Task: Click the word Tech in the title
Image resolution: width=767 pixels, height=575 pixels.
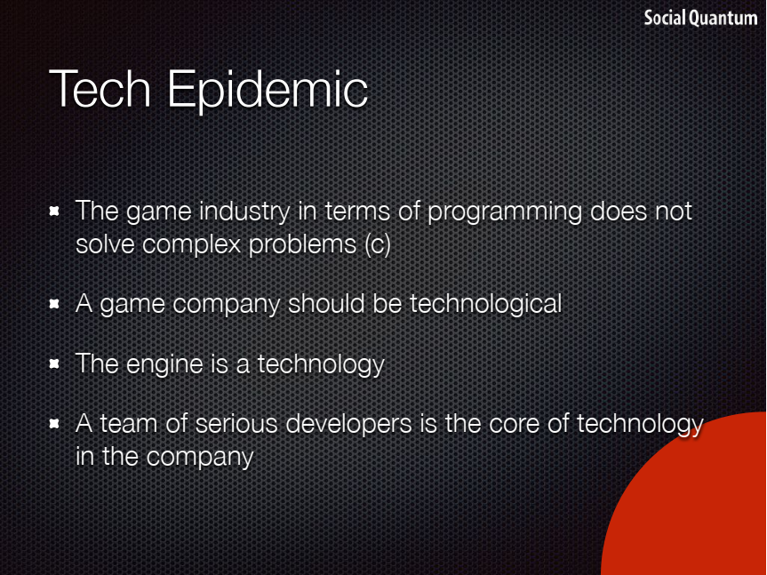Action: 100,89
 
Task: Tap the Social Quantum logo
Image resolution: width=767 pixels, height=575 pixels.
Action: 700,18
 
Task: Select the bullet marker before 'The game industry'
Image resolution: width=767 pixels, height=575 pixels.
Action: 54,212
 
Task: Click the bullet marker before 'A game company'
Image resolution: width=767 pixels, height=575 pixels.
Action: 54,304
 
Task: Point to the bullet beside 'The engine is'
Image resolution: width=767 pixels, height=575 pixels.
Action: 54,364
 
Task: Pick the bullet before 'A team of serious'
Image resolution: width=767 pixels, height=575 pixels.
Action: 54,423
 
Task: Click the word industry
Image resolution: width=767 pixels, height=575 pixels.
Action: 244,212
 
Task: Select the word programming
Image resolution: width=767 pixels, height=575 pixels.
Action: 504,212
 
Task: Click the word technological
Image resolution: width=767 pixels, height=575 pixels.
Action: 485,305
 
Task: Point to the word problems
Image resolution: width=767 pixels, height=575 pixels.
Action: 302,244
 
